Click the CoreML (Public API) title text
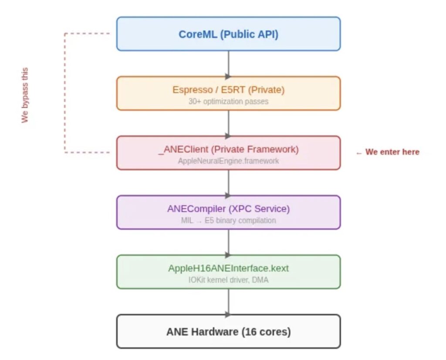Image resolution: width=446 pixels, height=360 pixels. pos(228,34)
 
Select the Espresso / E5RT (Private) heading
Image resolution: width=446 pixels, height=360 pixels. pos(228,90)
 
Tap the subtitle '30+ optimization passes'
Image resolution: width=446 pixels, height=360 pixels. pos(228,101)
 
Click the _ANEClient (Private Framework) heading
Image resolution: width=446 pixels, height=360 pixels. pos(228,150)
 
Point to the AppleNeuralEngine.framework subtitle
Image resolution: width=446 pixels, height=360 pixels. pos(228,161)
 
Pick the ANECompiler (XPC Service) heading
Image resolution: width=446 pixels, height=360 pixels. pos(228,209)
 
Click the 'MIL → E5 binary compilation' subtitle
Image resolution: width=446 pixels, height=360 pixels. pos(228,220)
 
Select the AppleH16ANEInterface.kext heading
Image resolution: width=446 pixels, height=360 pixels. pos(228,268)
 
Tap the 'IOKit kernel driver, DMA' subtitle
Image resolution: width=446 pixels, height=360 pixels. pos(228,280)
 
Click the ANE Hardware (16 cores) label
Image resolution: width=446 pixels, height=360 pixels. pos(228,332)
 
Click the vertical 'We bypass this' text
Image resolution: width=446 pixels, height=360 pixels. pos(25,95)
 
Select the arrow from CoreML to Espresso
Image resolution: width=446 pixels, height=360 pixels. pos(228,64)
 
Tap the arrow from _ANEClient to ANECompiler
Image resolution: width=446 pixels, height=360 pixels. pos(228,183)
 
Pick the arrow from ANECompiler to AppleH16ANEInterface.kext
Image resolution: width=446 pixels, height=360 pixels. pos(228,242)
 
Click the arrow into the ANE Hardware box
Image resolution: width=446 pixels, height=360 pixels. pos(228,302)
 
